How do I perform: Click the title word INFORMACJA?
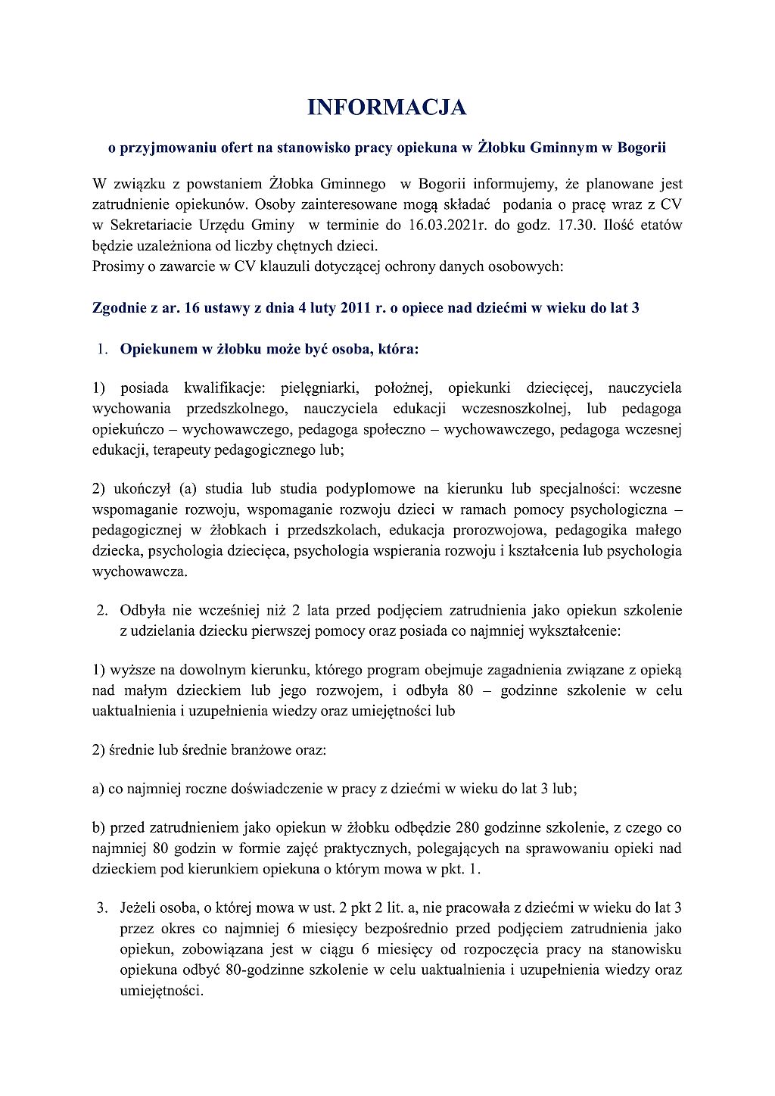pyautogui.click(x=387, y=107)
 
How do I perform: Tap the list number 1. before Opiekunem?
pyautogui.click(x=102, y=350)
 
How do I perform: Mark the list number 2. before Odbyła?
pyautogui.click(x=102, y=610)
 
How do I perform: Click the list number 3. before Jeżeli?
pyautogui.click(x=102, y=908)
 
